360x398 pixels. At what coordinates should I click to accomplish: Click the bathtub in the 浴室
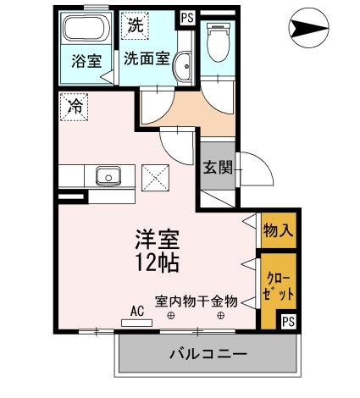click(86, 28)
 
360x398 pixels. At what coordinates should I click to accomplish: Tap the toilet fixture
click(217, 42)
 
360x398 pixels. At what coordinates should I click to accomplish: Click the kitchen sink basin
click(108, 176)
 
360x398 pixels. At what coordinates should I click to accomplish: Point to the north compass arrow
click(309, 28)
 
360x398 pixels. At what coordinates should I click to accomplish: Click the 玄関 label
click(218, 168)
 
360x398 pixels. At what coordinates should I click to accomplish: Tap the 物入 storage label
click(278, 230)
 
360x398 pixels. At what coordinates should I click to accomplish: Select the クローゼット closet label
click(278, 286)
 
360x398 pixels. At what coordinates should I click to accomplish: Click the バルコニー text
click(208, 354)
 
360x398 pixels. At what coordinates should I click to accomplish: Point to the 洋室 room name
click(157, 240)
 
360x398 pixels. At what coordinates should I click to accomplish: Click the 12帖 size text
click(157, 263)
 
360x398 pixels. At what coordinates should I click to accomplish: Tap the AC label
click(137, 311)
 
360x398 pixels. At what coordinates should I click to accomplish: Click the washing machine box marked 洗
click(135, 25)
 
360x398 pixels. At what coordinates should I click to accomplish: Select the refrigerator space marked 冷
click(74, 108)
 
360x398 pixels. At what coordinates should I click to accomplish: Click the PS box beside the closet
click(289, 322)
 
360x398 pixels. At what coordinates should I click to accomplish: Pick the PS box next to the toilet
click(187, 19)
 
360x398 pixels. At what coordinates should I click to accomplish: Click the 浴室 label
click(86, 61)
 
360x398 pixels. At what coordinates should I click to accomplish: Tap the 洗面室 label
click(147, 58)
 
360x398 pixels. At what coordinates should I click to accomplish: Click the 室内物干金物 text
click(197, 301)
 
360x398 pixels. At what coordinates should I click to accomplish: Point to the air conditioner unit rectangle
click(136, 323)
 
